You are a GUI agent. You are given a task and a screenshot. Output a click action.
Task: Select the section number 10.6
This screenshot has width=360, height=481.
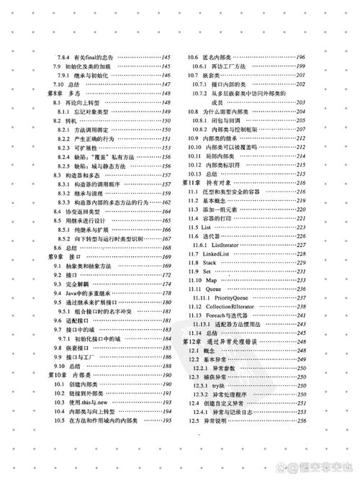click(194, 57)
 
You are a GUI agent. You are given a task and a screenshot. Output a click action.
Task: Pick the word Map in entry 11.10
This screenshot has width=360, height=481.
click(214, 279)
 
